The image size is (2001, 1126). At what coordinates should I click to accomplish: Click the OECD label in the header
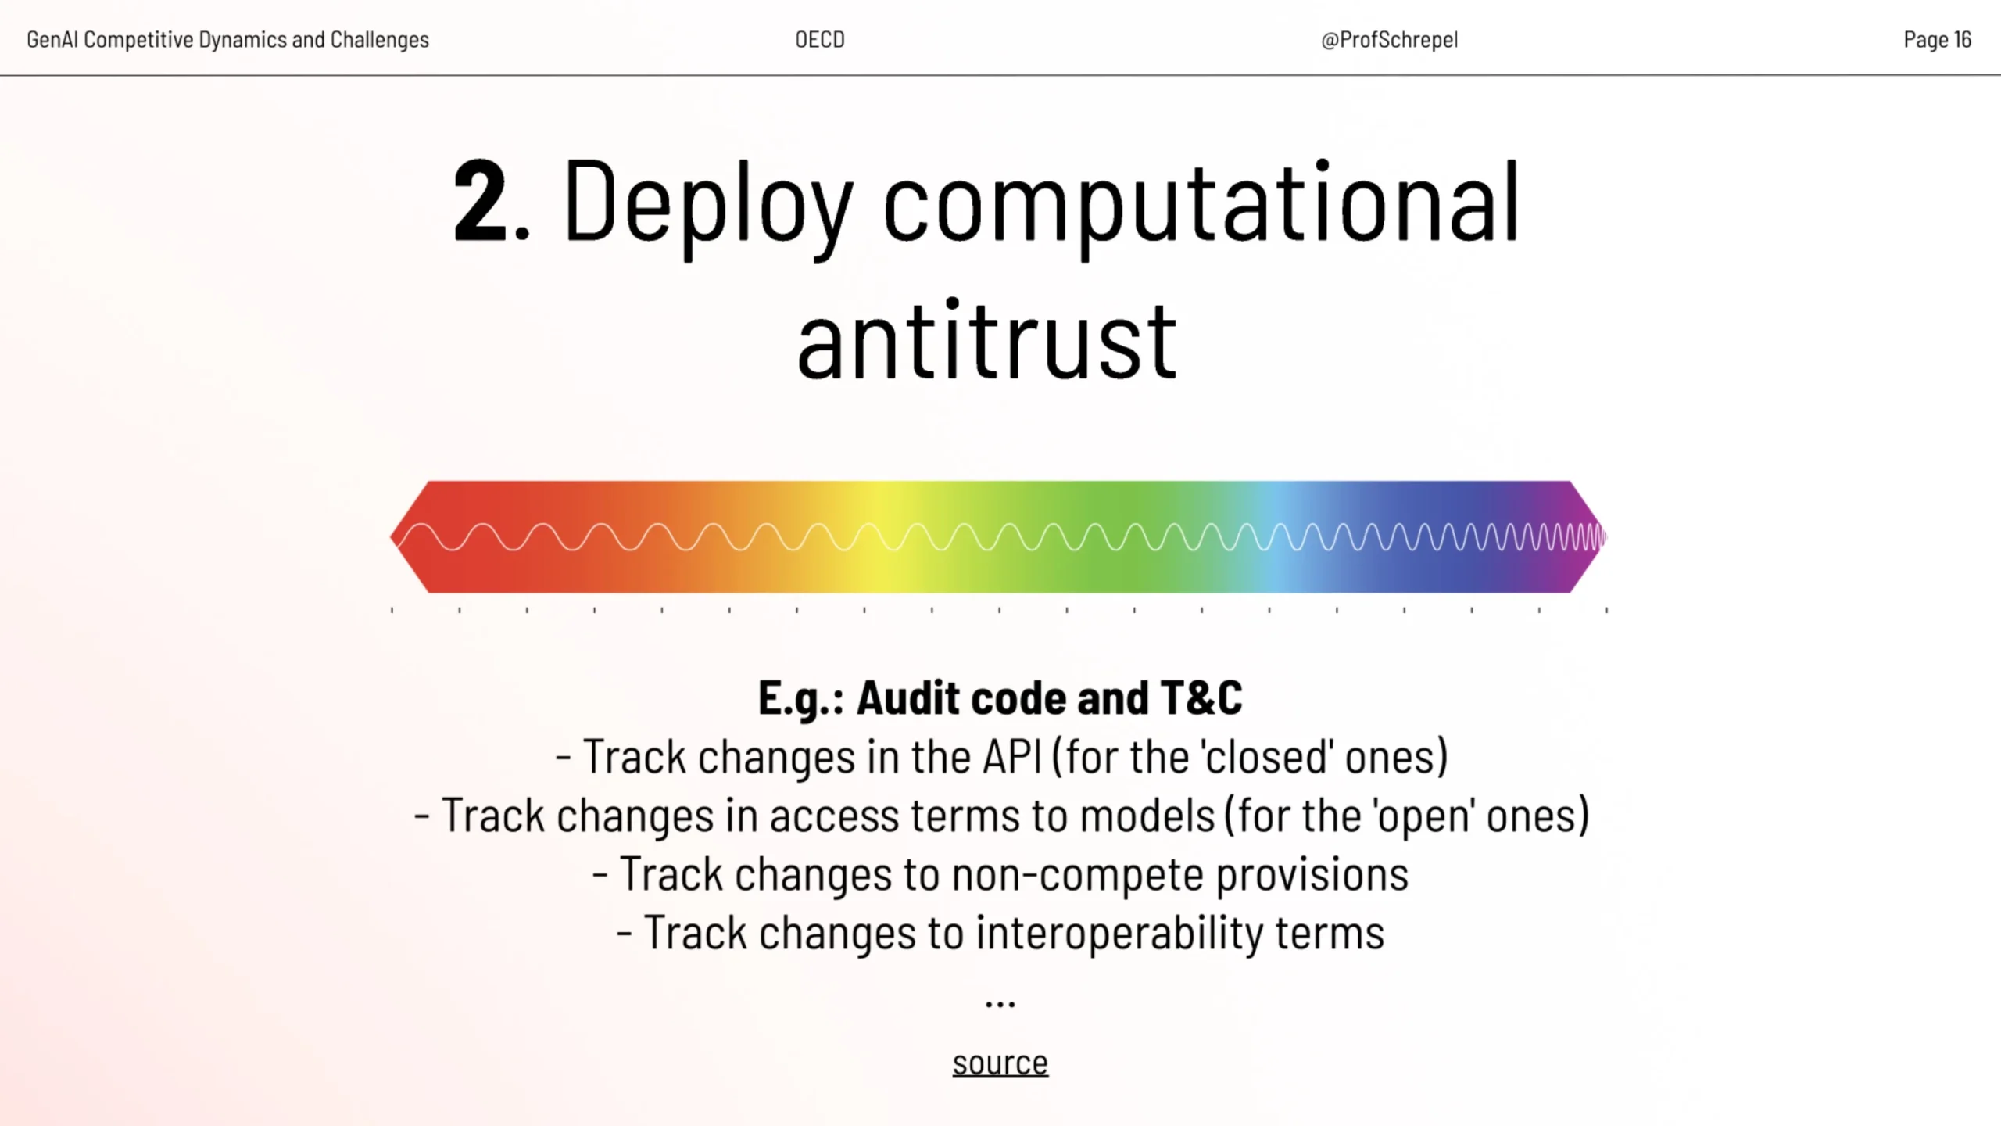pos(820,39)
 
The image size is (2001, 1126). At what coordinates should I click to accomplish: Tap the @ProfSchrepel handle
pos(1389,40)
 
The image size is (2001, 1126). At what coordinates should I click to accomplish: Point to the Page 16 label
pos(1938,39)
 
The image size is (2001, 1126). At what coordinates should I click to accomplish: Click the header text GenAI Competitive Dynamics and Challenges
pos(227,40)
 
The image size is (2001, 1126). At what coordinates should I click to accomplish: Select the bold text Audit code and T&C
pos(1050,697)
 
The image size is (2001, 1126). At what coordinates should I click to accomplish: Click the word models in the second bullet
pos(1147,815)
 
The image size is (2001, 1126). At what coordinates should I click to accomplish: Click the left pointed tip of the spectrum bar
pos(391,537)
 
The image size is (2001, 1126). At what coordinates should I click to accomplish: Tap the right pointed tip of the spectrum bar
pos(1606,537)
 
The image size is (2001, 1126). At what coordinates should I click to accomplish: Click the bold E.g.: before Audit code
pos(801,698)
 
